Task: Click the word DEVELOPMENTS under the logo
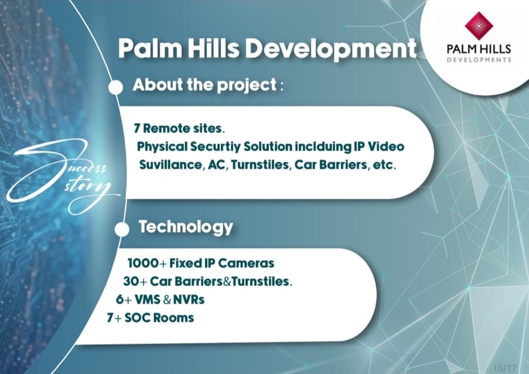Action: [479, 60]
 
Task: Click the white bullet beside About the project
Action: [116, 87]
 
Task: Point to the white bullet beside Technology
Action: [122, 229]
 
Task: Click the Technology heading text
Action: [186, 227]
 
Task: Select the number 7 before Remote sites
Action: [137, 127]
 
